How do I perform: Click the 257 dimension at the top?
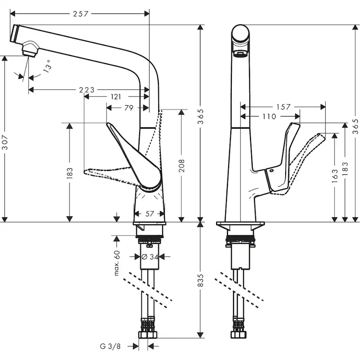81,14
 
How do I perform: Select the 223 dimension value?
87,90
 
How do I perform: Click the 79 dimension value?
129,108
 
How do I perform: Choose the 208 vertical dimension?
182,166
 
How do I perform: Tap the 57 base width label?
149,213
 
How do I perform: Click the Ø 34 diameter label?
149,257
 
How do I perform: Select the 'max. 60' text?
117,263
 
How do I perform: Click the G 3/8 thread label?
110,347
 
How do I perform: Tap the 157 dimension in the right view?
283,107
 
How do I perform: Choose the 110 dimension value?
269,117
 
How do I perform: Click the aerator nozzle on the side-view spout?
30,49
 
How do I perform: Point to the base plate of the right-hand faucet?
240,227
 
